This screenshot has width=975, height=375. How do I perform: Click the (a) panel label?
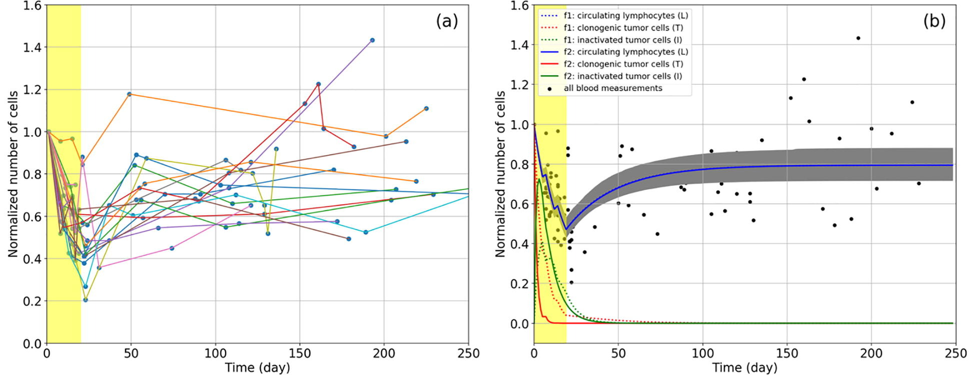point(447,22)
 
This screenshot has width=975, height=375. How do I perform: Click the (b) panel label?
point(934,22)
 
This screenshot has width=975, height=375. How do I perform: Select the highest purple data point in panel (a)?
point(372,40)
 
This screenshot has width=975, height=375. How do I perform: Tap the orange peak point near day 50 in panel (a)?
point(129,94)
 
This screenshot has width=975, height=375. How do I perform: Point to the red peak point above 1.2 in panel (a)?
point(318,84)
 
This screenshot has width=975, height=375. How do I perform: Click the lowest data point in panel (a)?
point(86,300)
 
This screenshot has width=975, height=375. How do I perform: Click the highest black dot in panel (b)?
point(858,38)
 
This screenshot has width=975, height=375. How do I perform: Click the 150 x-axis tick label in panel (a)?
point(299,353)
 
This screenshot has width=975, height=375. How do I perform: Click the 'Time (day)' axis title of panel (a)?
point(257,368)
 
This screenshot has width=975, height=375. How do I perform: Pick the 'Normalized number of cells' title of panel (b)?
point(500,174)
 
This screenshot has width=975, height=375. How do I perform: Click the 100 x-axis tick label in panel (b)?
point(702,353)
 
